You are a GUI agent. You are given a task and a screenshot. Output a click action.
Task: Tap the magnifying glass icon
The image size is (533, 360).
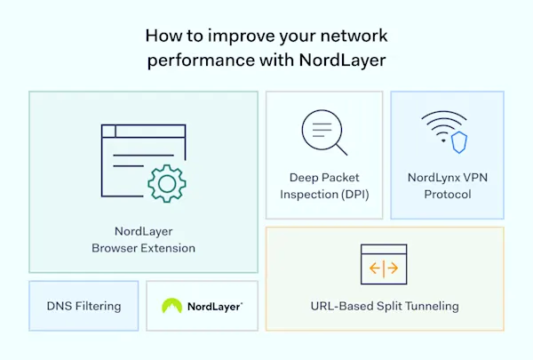click(x=322, y=134)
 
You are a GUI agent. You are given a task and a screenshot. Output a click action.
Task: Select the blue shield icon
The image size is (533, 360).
click(x=459, y=141)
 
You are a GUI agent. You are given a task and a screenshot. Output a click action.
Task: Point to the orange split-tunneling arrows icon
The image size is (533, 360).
click(x=384, y=266)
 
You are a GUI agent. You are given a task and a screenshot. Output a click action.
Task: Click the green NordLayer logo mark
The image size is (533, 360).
click(x=172, y=306)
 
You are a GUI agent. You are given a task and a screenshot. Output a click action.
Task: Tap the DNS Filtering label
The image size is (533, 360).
click(x=84, y=306)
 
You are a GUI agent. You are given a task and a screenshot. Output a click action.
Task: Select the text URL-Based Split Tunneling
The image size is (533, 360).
click(x=384, y=306)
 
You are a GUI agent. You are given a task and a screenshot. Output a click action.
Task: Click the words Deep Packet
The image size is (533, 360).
click(x=324, y=178)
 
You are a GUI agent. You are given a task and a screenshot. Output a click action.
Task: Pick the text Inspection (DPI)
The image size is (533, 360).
click(x=324, y=195)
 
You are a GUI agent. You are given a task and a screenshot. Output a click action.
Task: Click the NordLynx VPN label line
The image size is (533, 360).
click(x=447, y=178)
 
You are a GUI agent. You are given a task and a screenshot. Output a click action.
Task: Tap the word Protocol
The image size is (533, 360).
click(x=447, y=195)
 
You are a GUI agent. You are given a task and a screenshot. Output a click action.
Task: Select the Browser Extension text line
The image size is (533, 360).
click(x=143, y=248)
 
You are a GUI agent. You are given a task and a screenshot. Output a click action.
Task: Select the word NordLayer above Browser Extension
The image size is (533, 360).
click(x=143, y=231)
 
